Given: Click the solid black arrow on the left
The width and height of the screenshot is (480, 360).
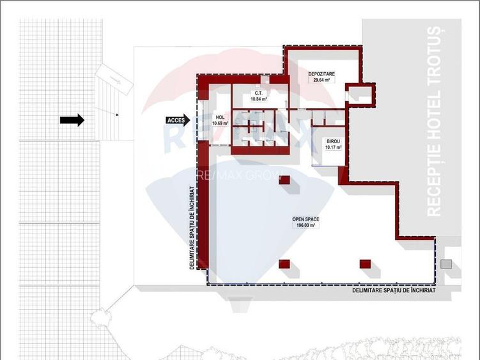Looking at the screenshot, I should [x=72, y=120].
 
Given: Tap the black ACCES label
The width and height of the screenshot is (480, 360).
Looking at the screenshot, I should [x=176, y=120].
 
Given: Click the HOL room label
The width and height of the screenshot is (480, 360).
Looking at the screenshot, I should [x=220, y=117].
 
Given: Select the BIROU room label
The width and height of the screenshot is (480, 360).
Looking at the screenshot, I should [x=333, y=141].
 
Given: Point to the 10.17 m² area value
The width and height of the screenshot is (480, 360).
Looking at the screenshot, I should [x=333, y=147].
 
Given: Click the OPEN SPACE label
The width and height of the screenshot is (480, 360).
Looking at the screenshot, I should [x=306, y=219].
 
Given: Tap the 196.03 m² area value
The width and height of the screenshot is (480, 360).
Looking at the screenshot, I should [x=306, y=226].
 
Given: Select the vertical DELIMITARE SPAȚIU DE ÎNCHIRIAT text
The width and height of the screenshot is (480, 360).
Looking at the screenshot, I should [x=192, y=228].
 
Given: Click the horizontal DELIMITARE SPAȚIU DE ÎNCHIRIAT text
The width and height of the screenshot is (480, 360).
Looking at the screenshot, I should [x=394, y=290].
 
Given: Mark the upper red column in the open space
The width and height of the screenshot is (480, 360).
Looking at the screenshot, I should [x=285, y=180].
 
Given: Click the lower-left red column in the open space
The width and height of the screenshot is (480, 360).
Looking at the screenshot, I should [x=285, y=263].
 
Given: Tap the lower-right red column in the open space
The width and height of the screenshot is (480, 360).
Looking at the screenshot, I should [x=366, y=263].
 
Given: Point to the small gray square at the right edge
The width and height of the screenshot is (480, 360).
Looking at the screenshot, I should [x=446, y=263].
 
